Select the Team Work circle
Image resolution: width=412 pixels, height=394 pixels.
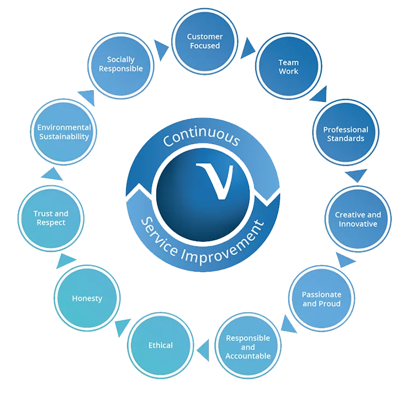(288, 67)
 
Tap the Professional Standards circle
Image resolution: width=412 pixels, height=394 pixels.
(345, 133)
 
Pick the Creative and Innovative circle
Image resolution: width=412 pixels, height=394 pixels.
(358, 219)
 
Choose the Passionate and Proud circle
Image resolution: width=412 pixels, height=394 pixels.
(321, 299)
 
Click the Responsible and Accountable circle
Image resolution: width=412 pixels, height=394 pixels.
(248, 346)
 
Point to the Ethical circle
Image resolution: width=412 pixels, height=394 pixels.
(161, 345)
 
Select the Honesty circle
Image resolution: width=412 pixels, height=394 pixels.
(87, 298)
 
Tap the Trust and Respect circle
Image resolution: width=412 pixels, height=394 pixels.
(51, 218)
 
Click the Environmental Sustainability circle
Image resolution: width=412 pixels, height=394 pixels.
(64, 132)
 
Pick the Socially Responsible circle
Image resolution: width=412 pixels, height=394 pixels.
(121, 64)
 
